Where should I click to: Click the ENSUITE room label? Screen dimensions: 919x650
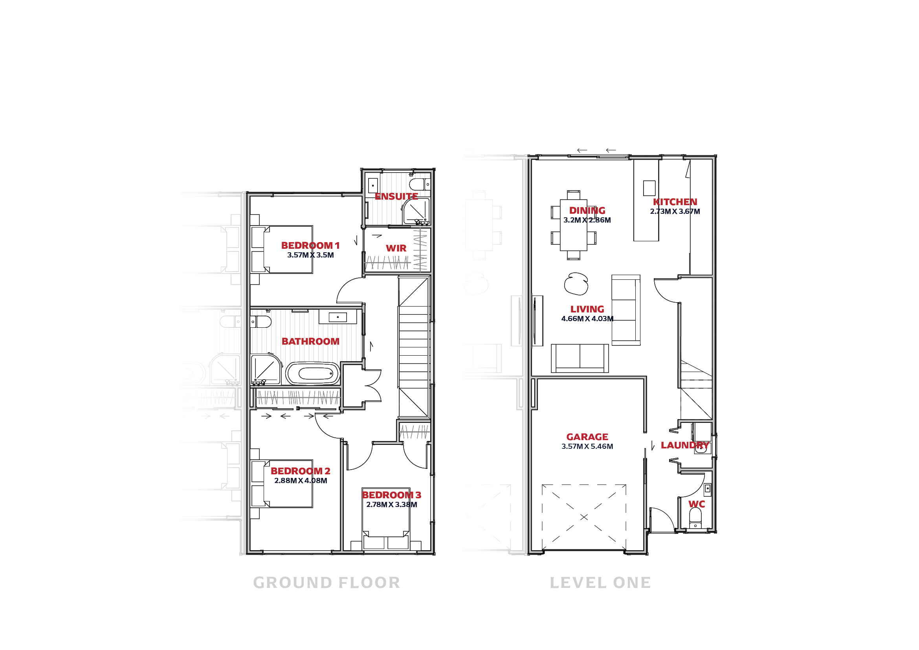pos(396,196)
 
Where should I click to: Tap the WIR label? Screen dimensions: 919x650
pos(396,248)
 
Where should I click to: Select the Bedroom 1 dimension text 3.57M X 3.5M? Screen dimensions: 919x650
pos(310,255)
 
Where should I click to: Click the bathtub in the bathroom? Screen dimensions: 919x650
pos(313,373)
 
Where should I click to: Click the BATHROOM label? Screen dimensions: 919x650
pos(310,342)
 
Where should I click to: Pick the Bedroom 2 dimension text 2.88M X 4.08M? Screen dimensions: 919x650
pos(301,480)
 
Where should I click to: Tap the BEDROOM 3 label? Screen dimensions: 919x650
pos(391,495)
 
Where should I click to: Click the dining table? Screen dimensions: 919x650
pos(574,225)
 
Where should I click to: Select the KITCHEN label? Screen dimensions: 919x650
pos(675,202)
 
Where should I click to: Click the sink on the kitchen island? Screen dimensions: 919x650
pos(649,188)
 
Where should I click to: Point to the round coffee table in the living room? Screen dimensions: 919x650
pos(576,284)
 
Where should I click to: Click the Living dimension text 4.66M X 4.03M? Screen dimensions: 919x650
pos(587,319)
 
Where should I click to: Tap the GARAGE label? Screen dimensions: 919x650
pos(587,437)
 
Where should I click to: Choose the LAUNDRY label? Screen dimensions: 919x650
pos(685,445)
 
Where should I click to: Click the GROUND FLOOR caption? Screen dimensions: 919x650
pos(327,583)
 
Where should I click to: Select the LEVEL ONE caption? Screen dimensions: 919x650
pos(600,583)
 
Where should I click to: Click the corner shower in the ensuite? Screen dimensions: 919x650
pos(416,211)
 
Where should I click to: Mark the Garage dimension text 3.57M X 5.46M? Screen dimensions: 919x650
pos(587,446)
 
